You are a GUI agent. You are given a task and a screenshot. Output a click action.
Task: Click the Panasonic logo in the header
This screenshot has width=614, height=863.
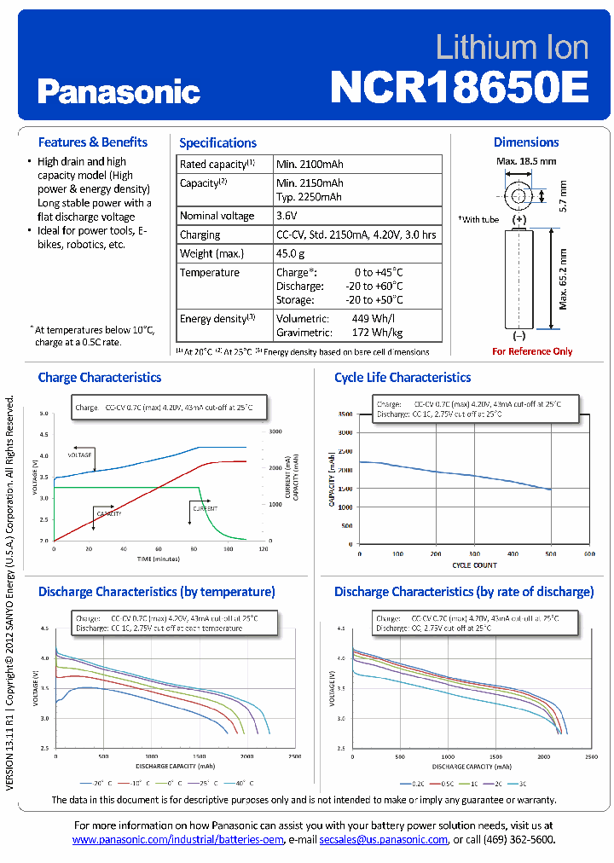119,90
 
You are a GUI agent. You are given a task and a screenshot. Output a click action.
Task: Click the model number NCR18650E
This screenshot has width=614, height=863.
459,86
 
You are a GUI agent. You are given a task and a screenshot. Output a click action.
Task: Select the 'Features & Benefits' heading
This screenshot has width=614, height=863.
93,142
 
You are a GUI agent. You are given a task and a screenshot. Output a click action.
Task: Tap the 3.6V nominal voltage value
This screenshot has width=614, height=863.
287,216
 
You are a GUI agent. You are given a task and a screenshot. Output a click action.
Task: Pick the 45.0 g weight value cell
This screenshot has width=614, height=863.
290,253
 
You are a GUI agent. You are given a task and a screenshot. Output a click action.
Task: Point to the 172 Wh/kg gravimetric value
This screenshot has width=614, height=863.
378,333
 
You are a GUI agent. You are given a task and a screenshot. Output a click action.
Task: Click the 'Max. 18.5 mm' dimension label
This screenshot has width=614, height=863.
526,161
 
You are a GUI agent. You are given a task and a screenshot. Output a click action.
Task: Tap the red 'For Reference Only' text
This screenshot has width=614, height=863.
532,351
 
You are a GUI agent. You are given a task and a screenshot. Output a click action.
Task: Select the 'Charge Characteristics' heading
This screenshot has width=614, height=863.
100,377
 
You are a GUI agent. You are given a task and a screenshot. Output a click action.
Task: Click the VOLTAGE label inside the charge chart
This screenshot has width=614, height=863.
79,455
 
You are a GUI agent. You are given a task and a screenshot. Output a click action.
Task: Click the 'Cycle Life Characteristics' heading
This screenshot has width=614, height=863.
403,377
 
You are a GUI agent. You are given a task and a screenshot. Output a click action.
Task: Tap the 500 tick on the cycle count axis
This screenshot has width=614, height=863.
550,553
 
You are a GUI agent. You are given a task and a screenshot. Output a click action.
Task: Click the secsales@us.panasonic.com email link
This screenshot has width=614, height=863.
384,839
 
